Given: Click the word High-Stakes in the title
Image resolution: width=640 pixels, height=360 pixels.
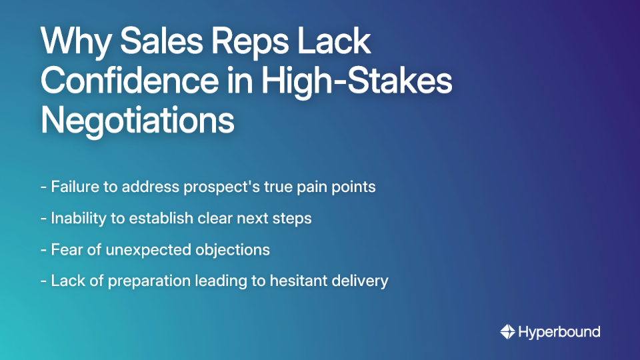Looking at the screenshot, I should [x=356, y=82].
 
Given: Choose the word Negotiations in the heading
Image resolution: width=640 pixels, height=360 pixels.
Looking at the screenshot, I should [x=137, y=121].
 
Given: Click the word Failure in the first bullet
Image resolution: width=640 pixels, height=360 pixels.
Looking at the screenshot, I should [x=74, y=187].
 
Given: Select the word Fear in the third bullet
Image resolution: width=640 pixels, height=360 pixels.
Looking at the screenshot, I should [x=65, y=249].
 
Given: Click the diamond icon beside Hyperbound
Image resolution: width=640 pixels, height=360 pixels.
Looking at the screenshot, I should [x=507, y=331].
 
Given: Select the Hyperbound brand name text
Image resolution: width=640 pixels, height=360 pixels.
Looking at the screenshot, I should [x=559, y=331].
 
